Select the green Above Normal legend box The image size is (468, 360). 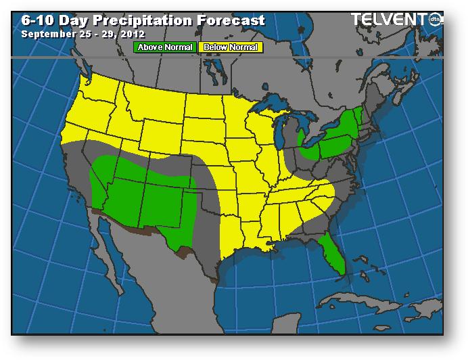[165, 47]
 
